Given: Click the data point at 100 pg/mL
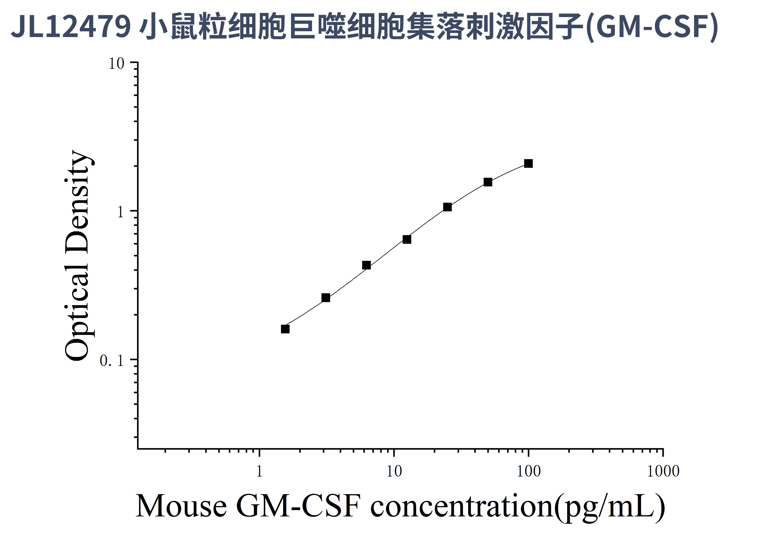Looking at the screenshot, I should click(528, 164).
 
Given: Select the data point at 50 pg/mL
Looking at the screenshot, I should click(488, 182).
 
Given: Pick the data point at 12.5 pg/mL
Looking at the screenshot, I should click(407, 239).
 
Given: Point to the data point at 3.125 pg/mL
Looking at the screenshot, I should click(326, 298).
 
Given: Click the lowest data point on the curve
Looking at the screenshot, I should click(285, 329).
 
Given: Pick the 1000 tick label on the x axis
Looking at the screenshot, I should click(663, 472).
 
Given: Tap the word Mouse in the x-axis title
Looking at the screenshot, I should click(181, 507).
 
